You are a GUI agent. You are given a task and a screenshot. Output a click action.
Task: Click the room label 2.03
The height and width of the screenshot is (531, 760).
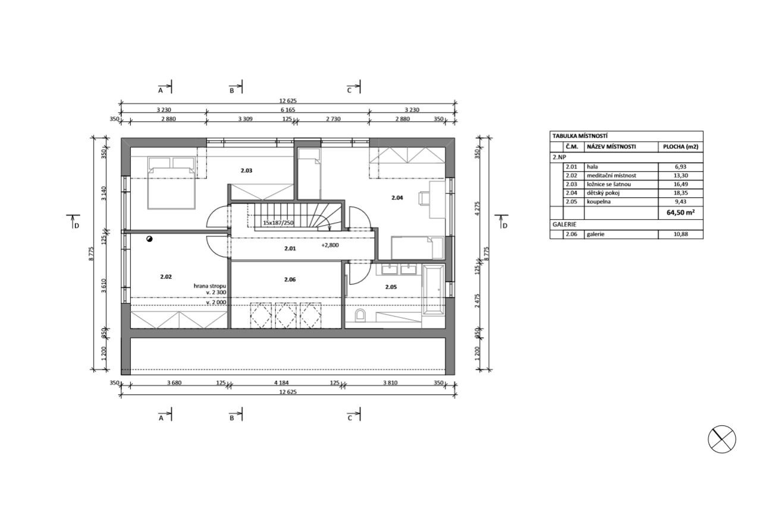(x=246, y=170)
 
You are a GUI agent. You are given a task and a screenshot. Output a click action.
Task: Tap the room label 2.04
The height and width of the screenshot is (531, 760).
(x=397, y=198)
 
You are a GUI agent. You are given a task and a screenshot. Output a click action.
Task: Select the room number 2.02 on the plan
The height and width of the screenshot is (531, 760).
(x=166, y=277)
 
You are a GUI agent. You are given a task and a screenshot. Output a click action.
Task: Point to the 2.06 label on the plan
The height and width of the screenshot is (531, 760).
(x=290, y=279)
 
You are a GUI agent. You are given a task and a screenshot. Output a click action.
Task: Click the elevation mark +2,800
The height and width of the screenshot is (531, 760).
(x=330, y=245)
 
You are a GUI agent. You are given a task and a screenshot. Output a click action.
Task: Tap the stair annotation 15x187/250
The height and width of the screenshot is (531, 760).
(x=278, y=223)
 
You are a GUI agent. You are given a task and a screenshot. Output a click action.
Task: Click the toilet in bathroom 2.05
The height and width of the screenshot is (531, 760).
(x=360, y=315)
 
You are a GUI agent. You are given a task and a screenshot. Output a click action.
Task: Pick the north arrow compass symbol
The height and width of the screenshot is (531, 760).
(x=722, y=439)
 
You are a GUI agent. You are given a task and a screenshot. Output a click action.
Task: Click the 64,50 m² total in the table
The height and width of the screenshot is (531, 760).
(x=680, y=213)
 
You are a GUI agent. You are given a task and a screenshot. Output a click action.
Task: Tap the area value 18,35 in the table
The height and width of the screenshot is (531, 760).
(x=680, y=193)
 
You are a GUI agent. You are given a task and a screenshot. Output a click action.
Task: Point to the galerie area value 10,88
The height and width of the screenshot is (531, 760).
(x=680, y=234)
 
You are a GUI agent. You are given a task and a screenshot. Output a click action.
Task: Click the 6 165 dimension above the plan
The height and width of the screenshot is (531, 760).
(x=288, y=109)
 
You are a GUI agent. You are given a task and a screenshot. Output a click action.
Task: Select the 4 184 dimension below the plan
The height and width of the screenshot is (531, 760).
(x=281, y=383)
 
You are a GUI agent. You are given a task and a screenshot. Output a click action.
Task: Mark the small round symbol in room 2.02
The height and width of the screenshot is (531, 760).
(x=149, y=239)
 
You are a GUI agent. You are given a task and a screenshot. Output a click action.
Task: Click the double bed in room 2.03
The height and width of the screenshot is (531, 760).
(x=172, y=182)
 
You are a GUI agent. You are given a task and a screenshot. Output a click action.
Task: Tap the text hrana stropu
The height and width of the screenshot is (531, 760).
(x=210, y=286)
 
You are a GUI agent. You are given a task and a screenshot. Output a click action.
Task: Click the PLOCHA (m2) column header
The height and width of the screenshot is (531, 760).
(x=680, y=147)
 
